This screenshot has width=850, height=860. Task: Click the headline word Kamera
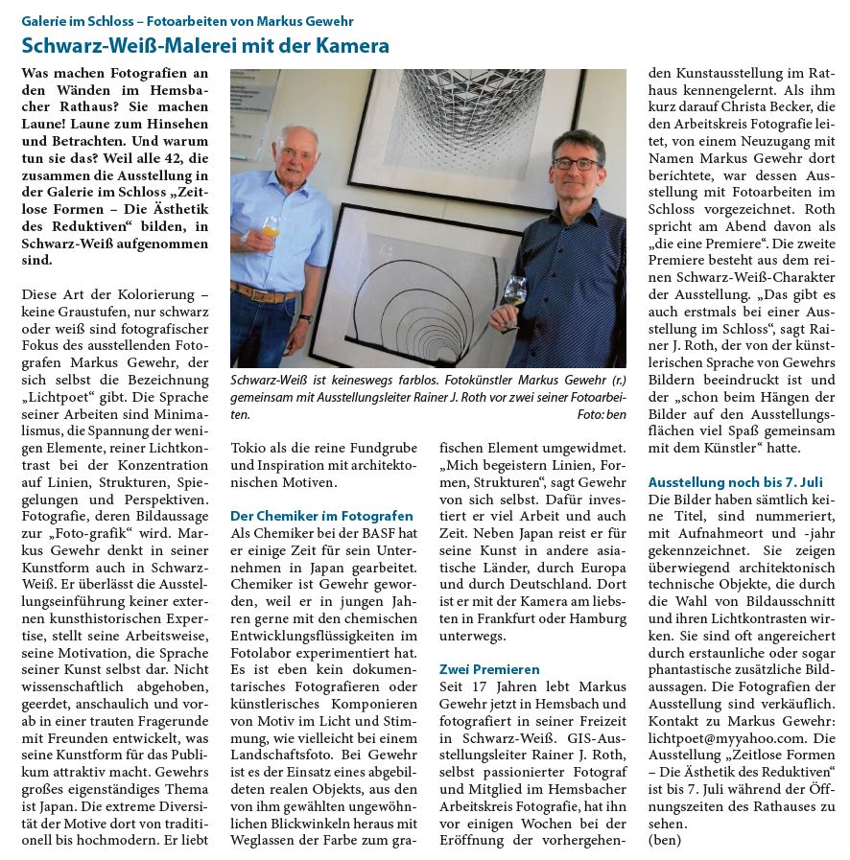(x=349, y=45)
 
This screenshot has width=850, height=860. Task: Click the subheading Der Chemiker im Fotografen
(x=321, y=515)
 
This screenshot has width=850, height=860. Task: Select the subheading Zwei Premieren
(x=489, y=668)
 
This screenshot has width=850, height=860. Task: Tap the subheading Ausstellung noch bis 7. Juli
(x=735, y=481)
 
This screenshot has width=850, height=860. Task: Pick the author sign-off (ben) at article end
(x=665, y=840)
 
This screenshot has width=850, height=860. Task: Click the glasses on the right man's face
(x=576, y=164)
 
